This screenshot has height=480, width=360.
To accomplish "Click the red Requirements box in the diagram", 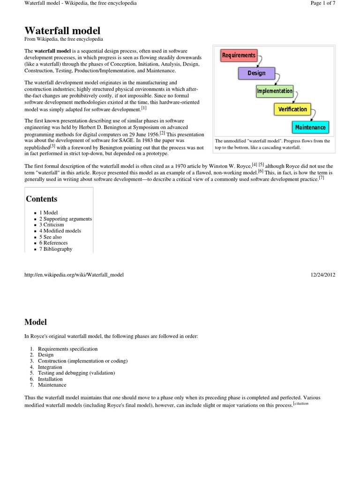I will (239, 55).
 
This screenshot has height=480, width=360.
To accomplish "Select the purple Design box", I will (256, 73).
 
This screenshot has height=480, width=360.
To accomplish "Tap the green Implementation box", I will (275, 91).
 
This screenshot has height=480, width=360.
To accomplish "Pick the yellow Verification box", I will (292, 109).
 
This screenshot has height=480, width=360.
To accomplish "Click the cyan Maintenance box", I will (310, 127).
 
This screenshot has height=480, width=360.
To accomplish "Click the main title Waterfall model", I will (62, 30).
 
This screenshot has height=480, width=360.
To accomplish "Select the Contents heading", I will (42, 199).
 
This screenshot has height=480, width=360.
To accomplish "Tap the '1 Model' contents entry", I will (48, 212).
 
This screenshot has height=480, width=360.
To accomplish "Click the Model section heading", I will (36, 322).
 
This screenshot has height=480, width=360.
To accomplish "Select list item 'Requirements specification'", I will (67, 349).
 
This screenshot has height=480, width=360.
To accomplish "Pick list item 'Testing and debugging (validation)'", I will (76, 373).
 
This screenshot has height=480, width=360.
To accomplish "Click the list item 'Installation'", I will (50, 379).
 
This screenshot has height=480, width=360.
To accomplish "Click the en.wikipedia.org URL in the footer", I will (74, 274).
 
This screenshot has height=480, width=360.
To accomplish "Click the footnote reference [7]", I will (321, 178).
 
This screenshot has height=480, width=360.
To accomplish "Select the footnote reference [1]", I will (144, 107).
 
